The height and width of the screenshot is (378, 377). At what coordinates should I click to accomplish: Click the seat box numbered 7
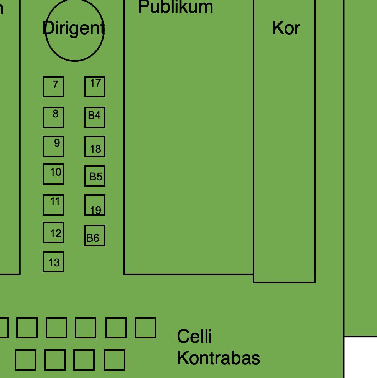pos(53,87)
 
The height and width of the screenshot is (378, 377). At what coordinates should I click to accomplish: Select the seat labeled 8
pos(53,117)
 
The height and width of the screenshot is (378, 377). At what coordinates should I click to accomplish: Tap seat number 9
pos(53,147)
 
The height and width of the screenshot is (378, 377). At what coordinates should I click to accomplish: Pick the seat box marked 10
pos(53,174)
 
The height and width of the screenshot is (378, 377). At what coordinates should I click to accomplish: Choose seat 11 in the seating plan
pos(53,205)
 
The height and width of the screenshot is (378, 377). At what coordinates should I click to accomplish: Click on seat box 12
pos(53,233)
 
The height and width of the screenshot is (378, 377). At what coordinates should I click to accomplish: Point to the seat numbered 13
pos(53,262)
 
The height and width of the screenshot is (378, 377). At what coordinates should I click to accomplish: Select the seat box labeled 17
pos(95,87)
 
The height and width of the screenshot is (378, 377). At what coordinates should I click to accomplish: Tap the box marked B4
pos(95,117)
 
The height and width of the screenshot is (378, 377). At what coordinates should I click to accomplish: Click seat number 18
pos(95,147)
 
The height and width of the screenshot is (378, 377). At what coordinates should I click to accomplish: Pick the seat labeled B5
pos(95,176)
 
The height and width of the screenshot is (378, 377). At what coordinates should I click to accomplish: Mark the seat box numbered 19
pos(95,205)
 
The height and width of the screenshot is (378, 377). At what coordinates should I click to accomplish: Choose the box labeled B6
pos(95,236)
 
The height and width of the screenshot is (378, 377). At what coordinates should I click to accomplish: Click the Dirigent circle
pos(74,30)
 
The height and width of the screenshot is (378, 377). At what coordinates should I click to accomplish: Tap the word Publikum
pos(175,7)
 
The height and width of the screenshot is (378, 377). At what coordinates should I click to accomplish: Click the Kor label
pos(286,28)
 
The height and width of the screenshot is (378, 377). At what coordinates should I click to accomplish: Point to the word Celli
pos(194,336)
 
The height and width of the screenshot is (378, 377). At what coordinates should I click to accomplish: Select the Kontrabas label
pos(218,358)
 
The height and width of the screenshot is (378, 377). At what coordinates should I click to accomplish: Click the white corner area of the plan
pos(361,357)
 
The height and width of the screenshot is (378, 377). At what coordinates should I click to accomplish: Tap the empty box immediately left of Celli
pos(145,328)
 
